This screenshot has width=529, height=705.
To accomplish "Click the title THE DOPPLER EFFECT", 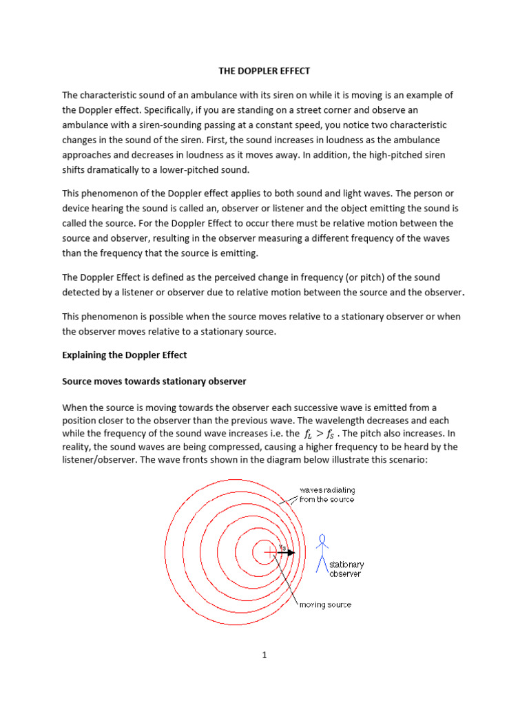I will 264,70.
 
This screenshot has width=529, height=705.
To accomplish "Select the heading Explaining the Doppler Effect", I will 125,355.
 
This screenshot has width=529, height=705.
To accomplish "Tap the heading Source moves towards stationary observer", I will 154,381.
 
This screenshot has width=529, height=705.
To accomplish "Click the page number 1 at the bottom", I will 264,655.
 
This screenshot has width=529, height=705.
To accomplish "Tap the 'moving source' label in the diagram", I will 325,605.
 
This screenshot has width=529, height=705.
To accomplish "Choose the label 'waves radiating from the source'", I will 326,494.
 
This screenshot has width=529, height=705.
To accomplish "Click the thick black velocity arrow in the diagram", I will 288,552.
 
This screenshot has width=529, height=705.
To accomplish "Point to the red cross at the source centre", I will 264,552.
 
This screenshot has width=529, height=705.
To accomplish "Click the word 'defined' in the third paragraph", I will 172,277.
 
